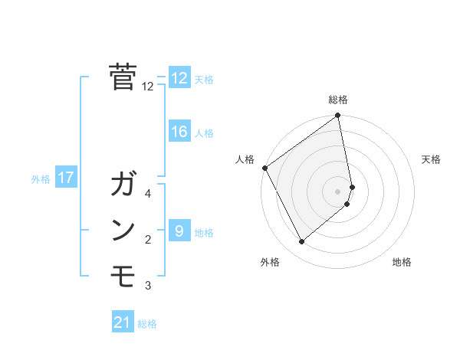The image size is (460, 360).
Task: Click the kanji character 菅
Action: click(x=123, y=77)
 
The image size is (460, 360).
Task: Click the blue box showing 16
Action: click(x=179, y=132)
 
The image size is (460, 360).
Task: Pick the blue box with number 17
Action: click(x=65, y=178)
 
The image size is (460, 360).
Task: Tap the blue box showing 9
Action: click(x=179, y=231)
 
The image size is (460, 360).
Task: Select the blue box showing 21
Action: click(x=123, y=322)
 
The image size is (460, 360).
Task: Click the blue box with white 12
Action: click(x=179, y=78)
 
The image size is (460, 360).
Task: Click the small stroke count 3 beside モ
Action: click(x=148, y=286)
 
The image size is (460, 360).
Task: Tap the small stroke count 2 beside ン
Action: click(x=148, y=240)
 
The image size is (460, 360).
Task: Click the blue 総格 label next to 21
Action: click(x=147, y=324)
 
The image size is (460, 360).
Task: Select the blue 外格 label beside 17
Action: click(x=41, y=179)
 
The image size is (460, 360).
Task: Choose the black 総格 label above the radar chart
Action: click(x=338, y=100)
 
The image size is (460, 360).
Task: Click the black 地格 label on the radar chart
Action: click(x=402, y=263)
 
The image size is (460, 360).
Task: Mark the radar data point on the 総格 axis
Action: click(x=338, y=116)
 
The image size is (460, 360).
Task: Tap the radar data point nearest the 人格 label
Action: click(x=264, y=168)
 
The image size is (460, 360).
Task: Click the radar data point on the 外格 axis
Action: click(x=301, y=242)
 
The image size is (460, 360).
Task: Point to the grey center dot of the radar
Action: click(x=338, y=191)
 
